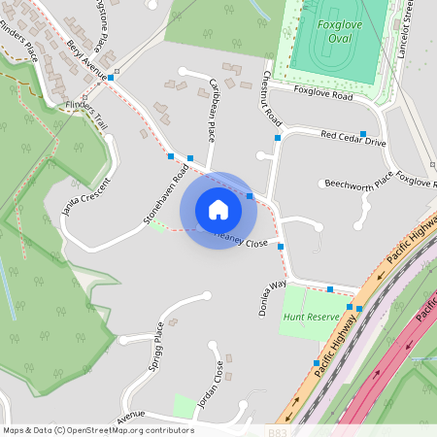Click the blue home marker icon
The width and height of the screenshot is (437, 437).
tap(218, 209)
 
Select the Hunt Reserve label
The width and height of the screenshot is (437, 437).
tap(308, 318)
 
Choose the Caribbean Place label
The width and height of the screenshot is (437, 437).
tap(218, 99)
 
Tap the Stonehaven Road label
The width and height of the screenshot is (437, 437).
tap(166, 194)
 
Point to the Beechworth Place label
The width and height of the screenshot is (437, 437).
tap(359, 182)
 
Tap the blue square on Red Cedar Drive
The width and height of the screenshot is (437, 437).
tap(363, 133)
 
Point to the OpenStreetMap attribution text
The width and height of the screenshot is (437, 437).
tap(98, 430)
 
